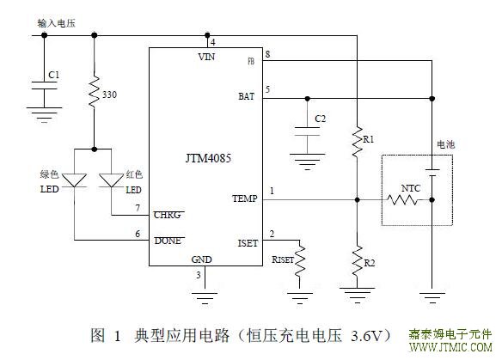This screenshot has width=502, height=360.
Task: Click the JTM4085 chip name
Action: coord(208,158)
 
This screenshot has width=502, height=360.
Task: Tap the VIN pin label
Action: coord(206,57)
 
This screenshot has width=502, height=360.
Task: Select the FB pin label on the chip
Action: coord(251,61)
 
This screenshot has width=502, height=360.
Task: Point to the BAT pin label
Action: coord(246,96)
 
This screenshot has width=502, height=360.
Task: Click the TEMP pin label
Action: coord(245,198)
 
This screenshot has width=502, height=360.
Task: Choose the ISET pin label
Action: coord(248,243)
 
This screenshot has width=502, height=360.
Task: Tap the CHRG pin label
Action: coord(168,215)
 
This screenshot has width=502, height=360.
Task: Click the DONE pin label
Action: coord(168,241)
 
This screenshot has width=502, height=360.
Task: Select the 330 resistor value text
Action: coord(109,95)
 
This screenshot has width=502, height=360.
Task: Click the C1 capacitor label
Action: coord(54,75)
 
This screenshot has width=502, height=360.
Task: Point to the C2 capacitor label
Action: coord(320,119)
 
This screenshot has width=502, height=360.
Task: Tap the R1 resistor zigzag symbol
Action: coord(358,142)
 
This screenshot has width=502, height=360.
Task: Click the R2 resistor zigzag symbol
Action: coord(358,261)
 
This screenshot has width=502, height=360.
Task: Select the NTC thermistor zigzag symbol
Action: coord(402,200)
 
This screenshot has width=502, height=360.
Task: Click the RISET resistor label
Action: coord(283,259)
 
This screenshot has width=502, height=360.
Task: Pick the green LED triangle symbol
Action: coord(74,180)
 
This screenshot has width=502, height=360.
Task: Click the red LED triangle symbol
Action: coord(112,180)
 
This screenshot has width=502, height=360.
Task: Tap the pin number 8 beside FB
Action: coord(267,54)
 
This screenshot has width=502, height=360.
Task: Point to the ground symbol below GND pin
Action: coord(205,298)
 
